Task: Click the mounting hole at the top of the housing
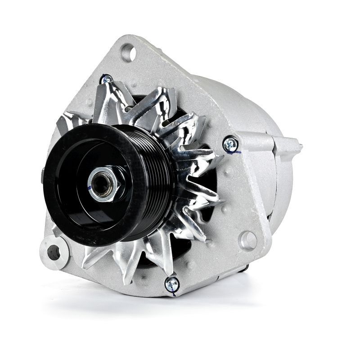coord(128,53)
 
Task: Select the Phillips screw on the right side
coord(230,144)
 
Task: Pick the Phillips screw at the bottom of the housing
coord(171,283)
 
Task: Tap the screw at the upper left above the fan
coord(107,80)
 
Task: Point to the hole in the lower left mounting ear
coord(54,252)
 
